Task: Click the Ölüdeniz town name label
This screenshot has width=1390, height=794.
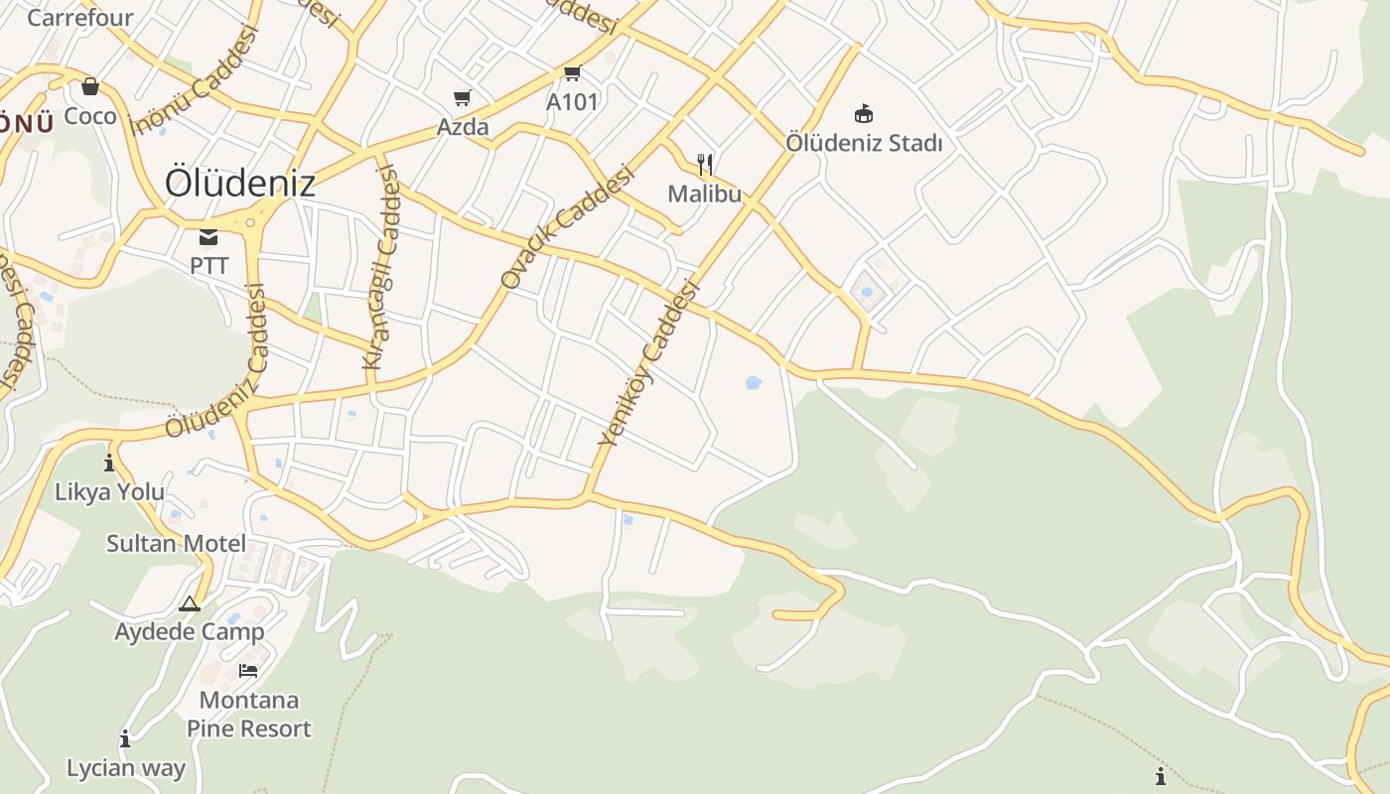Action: coord(240,183)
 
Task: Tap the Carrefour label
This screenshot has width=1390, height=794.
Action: coord(79,18)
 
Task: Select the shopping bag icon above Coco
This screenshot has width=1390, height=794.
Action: coord(90,87)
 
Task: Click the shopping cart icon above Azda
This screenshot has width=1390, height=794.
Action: coord(462,97)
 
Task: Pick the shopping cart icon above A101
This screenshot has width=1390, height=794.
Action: coord(572,73)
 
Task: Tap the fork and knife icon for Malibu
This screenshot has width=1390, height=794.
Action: coord(705,164)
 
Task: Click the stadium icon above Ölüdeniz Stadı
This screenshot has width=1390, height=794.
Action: coord(864,113)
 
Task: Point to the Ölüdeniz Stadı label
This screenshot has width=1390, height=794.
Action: coord(864,143)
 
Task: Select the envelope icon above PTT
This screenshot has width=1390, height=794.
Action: coord(208,236)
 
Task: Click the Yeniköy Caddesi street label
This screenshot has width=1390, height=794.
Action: coord(650,363)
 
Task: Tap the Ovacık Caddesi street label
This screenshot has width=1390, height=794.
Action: coord(567,227)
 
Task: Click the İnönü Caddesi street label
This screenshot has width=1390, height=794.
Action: coord(195,79)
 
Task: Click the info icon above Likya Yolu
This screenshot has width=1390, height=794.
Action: coord(109,463)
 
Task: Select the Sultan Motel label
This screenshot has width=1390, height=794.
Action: coord(176,543)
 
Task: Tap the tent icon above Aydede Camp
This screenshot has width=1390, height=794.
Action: coord(190,603)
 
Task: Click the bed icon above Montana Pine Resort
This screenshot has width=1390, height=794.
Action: coord(248,671)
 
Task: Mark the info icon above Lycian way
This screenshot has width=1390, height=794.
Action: coord(125,738)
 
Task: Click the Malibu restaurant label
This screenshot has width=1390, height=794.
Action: coord(704,194)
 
